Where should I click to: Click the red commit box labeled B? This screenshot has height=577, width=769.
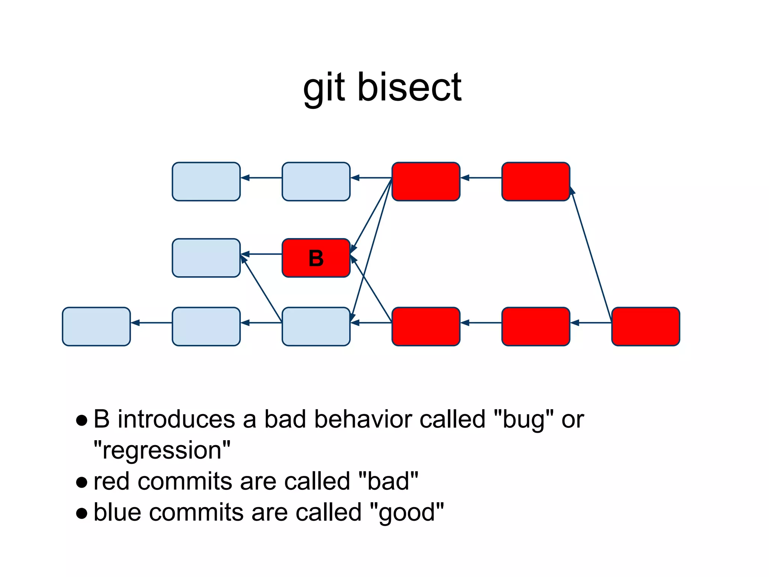click(316, 258)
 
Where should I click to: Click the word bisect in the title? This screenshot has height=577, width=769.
click(409, 88)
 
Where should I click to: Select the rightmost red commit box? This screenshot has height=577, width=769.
click(645, 326)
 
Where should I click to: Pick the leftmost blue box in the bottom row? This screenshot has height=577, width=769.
click(96, 326)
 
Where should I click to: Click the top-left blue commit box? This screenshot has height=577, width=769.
click(206, 181)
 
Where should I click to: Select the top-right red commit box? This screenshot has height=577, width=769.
click(536, 181)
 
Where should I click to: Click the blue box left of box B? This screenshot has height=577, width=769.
click(206, 258)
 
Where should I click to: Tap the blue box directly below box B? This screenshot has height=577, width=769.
click(316, 326)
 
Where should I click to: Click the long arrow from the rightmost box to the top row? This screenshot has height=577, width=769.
click(591, 255)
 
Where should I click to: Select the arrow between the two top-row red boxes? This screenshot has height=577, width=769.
click(481, 178)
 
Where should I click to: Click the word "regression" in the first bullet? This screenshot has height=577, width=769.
click(162, 450)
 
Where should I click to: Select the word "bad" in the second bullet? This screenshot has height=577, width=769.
click(388, 481)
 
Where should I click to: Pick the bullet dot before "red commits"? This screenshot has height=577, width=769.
click(81, 482)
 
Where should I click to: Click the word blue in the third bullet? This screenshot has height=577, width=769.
click(117, 512)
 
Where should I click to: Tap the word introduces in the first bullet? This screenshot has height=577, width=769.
click(176, 419)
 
